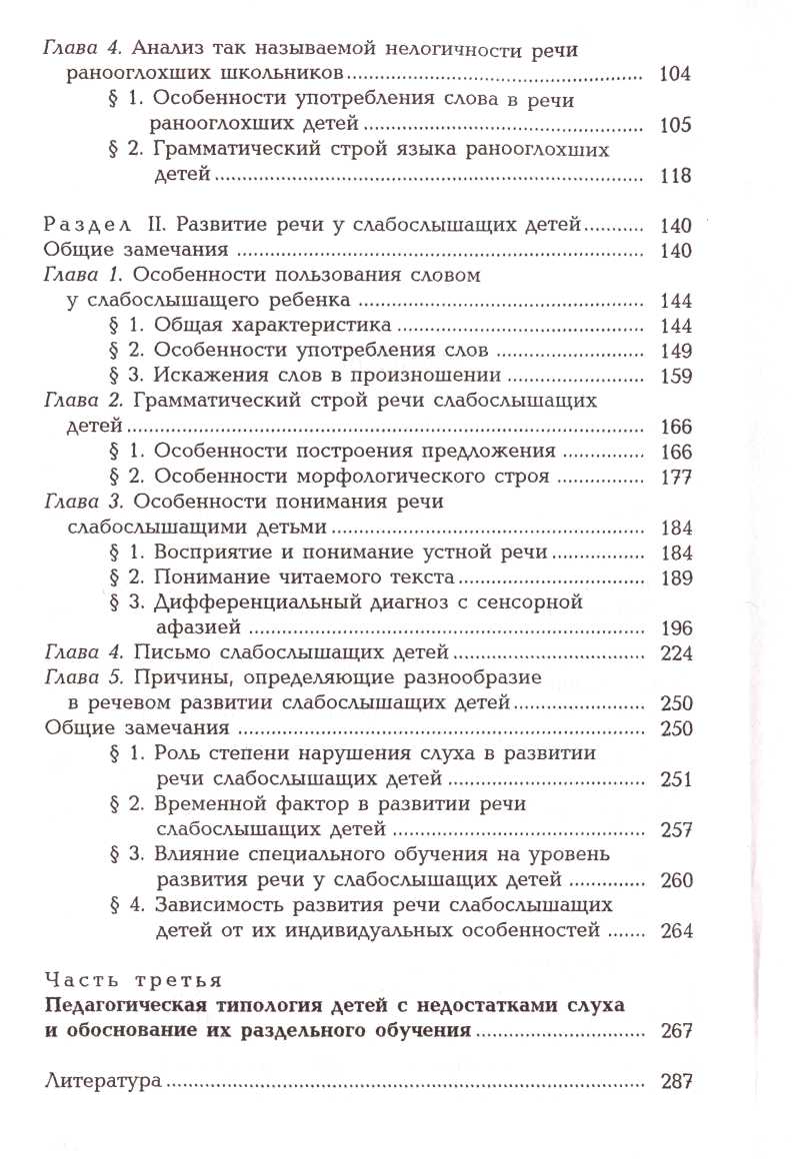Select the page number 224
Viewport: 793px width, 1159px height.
[x=676, y=652]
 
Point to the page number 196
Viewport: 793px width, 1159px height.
[x=676, y=627]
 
